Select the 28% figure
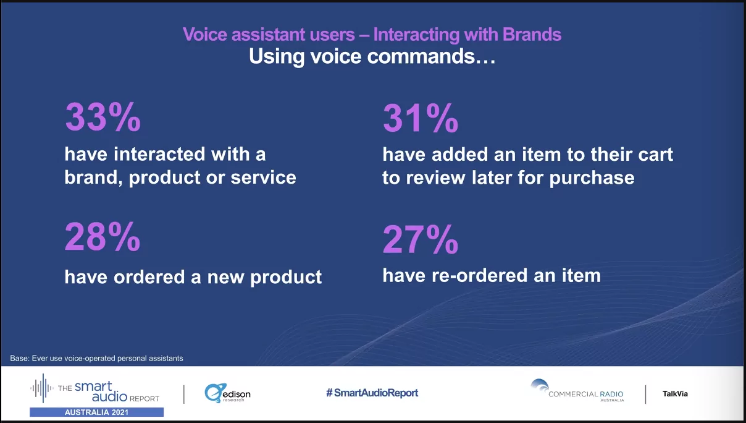pos(103,237)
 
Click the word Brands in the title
pos(532,34)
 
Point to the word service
pos(263,177)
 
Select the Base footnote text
pos(96,358)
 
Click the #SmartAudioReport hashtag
pos(372,393)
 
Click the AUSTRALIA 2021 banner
pos(96,412)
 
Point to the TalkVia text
pos(675,394)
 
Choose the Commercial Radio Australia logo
pos(577,391)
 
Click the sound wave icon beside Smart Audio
pos(43,388)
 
